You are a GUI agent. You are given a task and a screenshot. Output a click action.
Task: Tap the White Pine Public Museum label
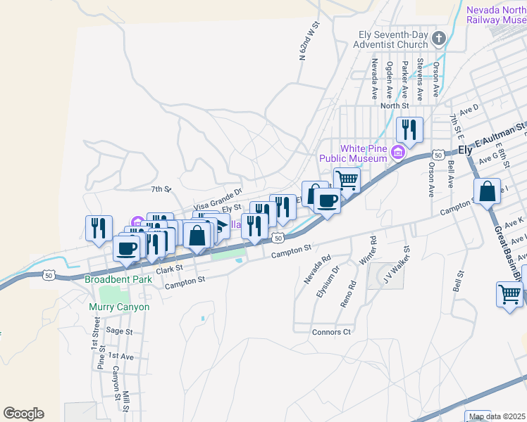[363, 153]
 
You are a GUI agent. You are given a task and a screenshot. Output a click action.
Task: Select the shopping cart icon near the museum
[347, 180]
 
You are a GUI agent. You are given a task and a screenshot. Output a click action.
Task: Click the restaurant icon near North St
[409, 129]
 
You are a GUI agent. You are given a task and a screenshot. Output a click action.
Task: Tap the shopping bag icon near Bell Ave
[488, 191]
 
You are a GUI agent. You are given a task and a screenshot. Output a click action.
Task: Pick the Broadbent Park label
[108, 279]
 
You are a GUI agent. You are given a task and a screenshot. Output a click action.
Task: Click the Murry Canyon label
[119, 307]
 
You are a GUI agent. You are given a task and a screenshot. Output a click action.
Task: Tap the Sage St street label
[119, 331]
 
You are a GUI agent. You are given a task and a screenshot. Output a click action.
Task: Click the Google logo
[24, 414]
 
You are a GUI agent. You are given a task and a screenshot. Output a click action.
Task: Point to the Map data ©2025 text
[497, 416]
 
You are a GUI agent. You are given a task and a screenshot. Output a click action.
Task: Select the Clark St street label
[169, 269]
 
